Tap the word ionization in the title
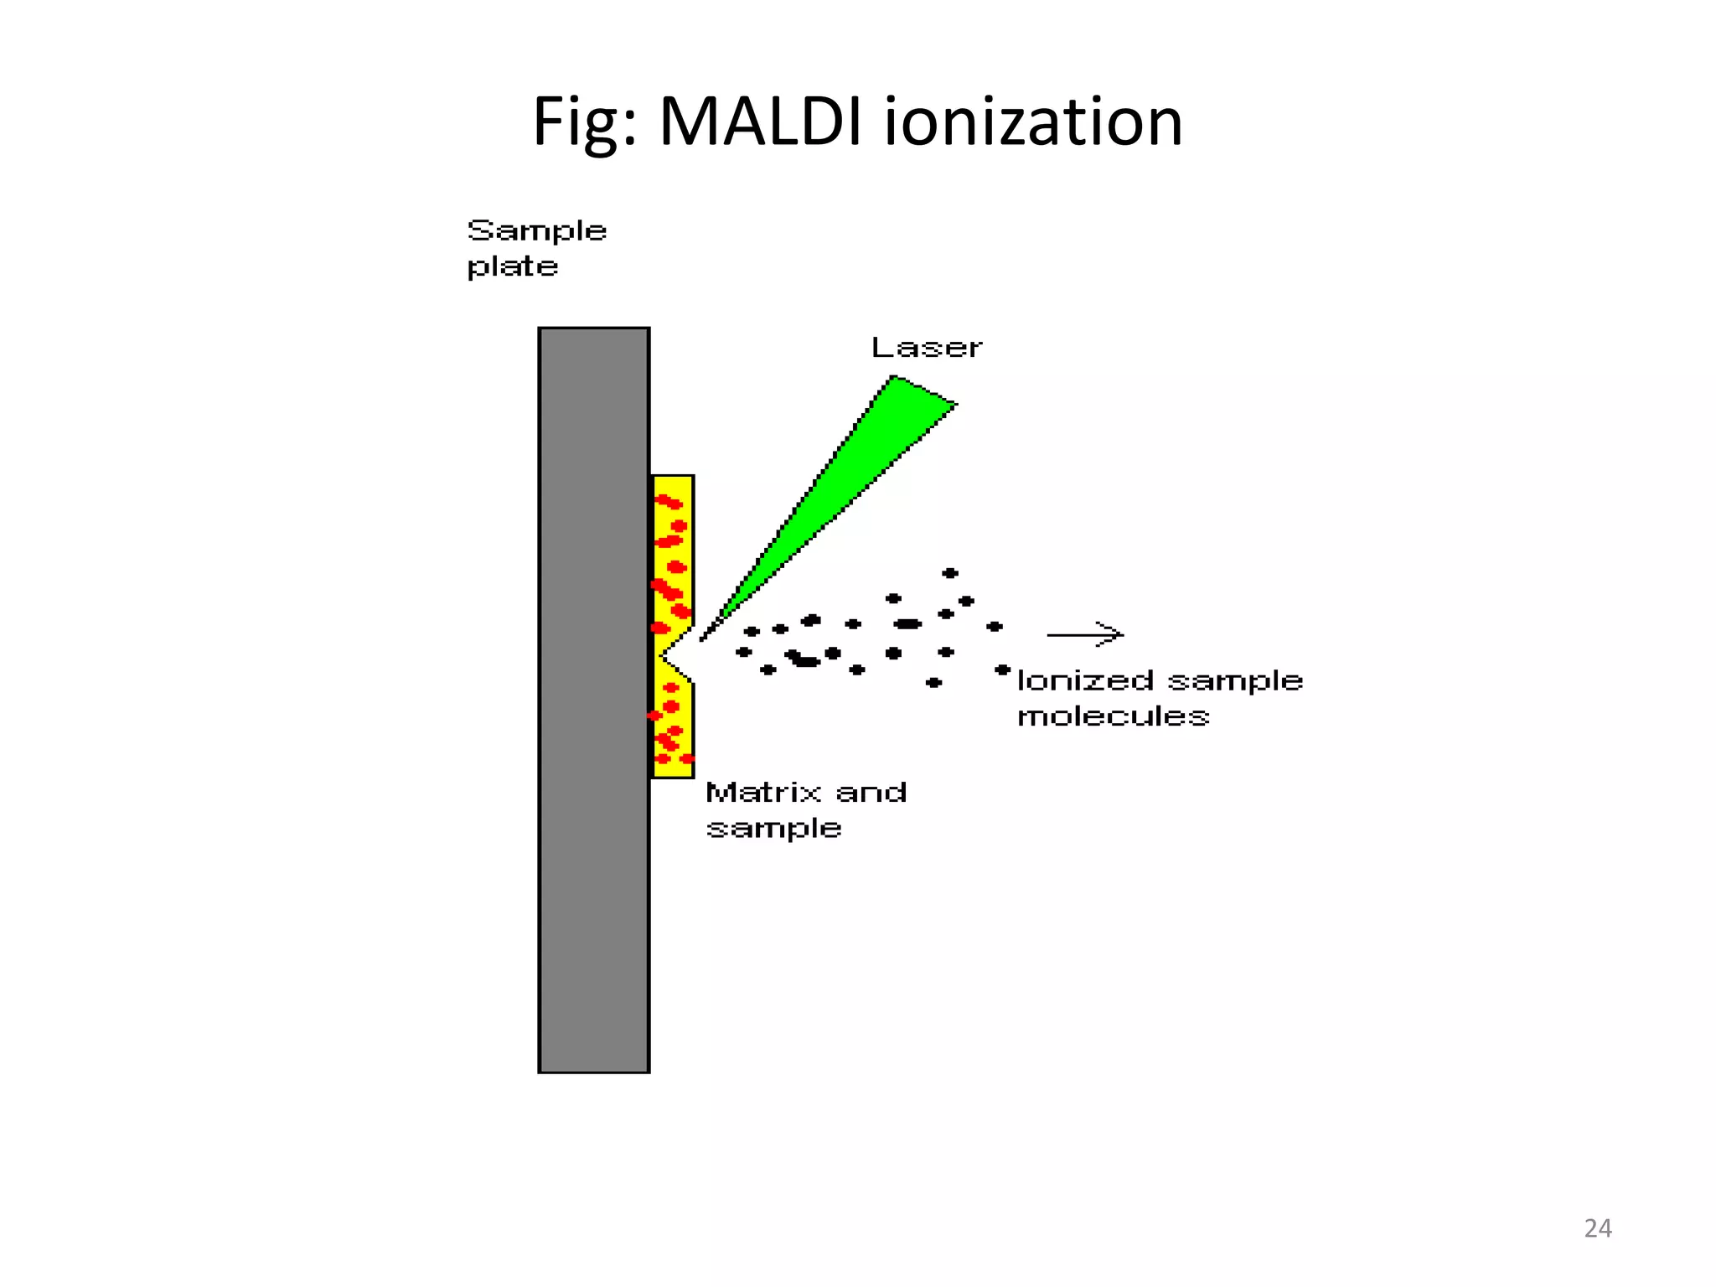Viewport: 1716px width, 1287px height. [x=1033, y=122]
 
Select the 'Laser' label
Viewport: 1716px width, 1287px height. [x=926, y=348]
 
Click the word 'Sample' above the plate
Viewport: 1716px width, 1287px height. [x=536, y=231]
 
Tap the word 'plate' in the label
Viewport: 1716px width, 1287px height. [x=512, y=267]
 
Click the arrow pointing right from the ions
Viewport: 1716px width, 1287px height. [x=1085, y=635]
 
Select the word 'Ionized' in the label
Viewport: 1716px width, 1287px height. [x=1085, y=680]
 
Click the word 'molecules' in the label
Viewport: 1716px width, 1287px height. [x=1113, y=716]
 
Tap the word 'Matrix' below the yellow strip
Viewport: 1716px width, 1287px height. [x=763, y=793]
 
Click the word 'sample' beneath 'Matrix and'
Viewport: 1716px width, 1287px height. [x=773, y=829]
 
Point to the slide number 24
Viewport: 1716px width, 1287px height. [x=1597, y=1228]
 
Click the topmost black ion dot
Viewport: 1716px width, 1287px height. [x=949, y=573]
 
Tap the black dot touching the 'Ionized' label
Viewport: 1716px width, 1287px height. [x=1002, y=669]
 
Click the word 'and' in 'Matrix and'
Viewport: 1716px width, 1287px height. [x=871, y=793]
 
